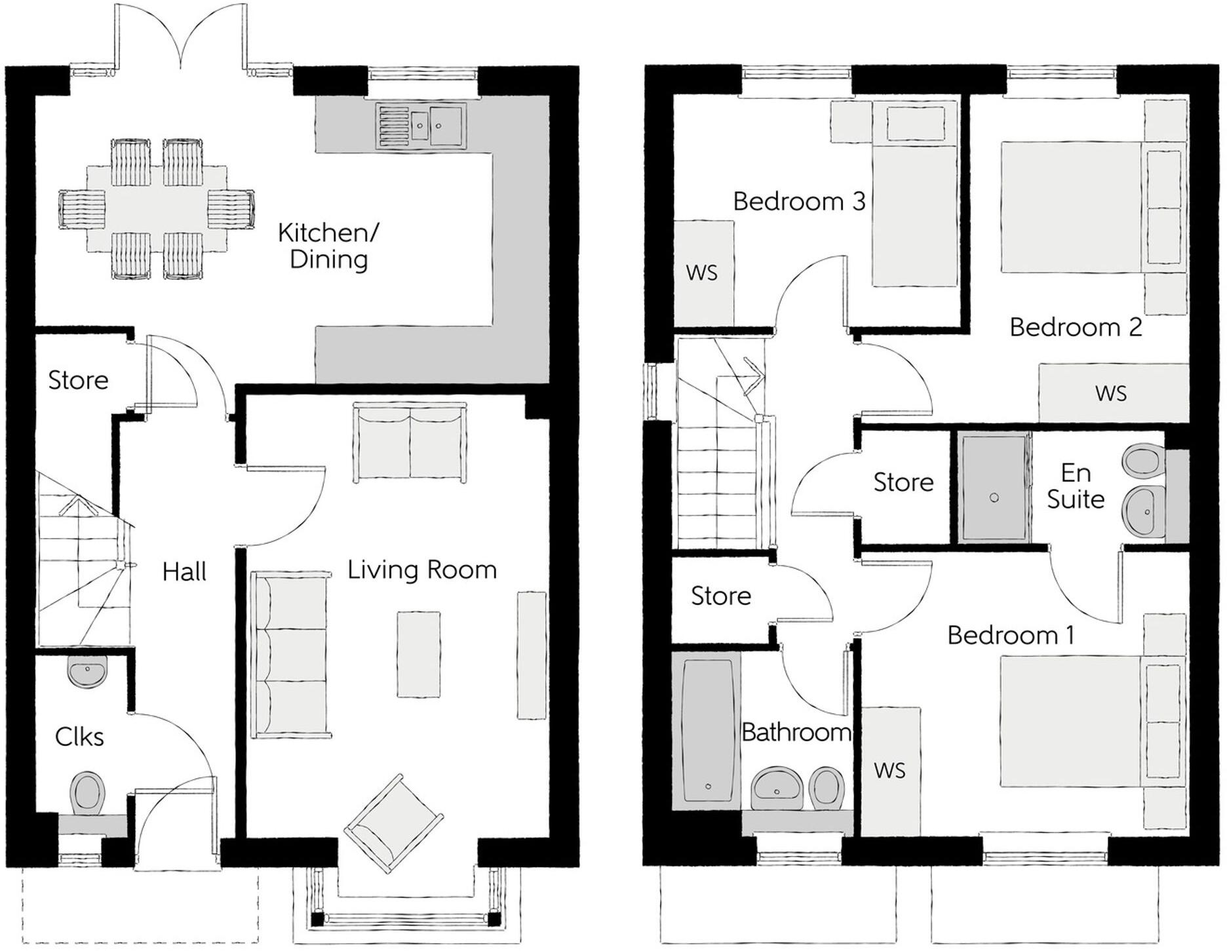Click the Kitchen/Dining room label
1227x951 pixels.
click(x=328, y=246)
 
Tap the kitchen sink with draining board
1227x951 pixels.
click(x=419, y=125)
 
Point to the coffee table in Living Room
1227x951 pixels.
click(x=418, y=654)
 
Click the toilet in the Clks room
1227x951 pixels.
click(x=87, y=794)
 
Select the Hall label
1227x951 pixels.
click(x=184, y=572)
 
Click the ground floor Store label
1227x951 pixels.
click(x=78, y=380)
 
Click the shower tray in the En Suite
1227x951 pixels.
click(x=994, y=486)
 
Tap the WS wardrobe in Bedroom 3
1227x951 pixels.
click(x=703, y=273)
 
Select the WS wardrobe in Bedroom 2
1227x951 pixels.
click(x=1112, y=393)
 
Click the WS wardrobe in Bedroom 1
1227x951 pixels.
click(x=889, y=770)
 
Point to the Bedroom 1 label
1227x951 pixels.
click(x=1011, y=635)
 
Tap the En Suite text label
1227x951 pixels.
click(x=1075, y=486)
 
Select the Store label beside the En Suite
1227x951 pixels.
click(x=903, y=482)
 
